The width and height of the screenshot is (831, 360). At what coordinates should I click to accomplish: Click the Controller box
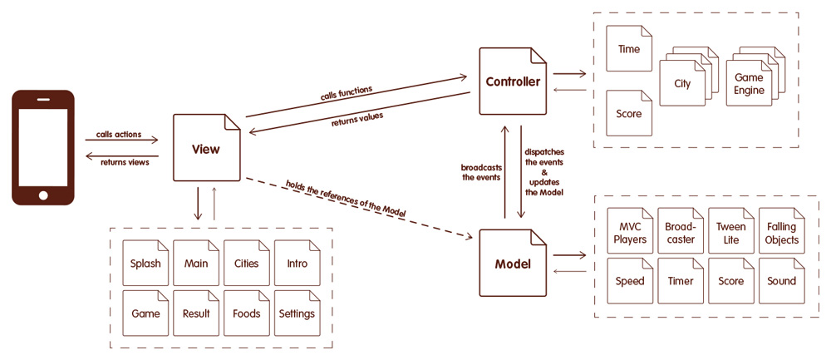(x=514, y=82)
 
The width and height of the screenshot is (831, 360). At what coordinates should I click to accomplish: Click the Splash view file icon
(x=146, y=264)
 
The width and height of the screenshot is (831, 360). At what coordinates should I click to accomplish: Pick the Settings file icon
(x=297, y=313)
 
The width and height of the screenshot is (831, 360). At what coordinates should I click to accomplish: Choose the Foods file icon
(x=247, y=313)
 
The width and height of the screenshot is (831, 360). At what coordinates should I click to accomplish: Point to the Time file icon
(x=629, y=50)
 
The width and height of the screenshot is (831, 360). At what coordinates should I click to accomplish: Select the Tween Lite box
(x=731, y=233)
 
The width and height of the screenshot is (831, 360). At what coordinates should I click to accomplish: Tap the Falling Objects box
(x=782, y=233)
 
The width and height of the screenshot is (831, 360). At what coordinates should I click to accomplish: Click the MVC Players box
(x=630, y=233)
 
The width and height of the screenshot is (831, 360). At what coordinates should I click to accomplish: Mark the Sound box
(x=782, y=281)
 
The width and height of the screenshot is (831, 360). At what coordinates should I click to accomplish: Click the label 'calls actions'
(x=119, y=134)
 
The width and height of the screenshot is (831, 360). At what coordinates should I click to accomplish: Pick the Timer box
(x=681, y=281)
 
